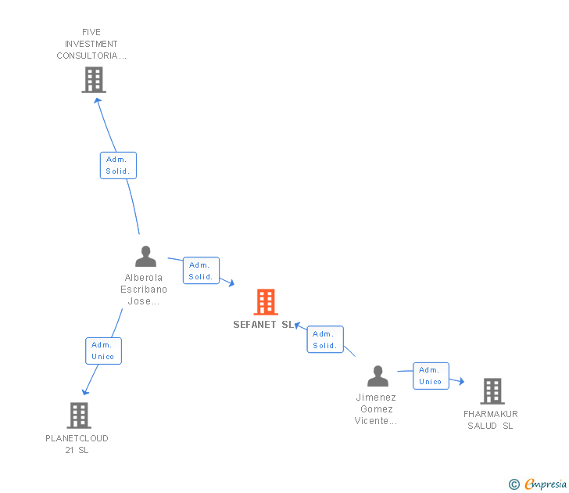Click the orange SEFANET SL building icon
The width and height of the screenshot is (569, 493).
266,302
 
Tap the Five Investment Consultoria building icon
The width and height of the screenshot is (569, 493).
93,79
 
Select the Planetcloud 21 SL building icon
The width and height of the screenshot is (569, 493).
79,416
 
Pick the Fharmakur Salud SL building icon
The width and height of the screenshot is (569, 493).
492,391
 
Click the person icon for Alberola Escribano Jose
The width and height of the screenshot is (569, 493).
145,257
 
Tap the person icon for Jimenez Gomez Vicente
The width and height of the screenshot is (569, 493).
378,376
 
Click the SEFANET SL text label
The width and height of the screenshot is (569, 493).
263,325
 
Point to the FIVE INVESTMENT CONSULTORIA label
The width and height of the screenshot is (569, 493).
91,45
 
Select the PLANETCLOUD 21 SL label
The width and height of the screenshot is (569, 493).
77,444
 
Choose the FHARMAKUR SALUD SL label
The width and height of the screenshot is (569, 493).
490,420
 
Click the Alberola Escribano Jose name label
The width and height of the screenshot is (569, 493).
144,289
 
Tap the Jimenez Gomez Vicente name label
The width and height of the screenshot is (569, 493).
376,409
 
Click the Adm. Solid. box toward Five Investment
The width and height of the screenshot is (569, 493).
118,165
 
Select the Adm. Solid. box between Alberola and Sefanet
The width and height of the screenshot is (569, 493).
201,271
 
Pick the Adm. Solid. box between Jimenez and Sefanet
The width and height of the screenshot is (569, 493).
325,340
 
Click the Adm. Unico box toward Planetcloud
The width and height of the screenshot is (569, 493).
103,351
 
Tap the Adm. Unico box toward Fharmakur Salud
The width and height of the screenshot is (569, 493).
431,376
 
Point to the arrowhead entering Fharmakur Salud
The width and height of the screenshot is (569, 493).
461,381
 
